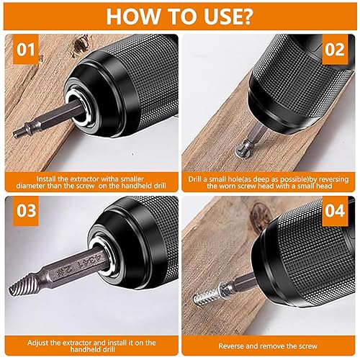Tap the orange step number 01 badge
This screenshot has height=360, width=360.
click(26, 50)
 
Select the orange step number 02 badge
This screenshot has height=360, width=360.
click(335, 50)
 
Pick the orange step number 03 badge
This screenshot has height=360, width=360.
click(26, 211)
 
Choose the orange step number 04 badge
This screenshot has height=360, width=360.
click(335, 211)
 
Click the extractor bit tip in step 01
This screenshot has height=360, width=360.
click(19, 132)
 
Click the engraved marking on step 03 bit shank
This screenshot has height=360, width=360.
click(80, 266)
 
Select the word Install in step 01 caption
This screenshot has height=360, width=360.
click(46, 179)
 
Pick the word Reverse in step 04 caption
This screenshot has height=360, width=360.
click(231, 346)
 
